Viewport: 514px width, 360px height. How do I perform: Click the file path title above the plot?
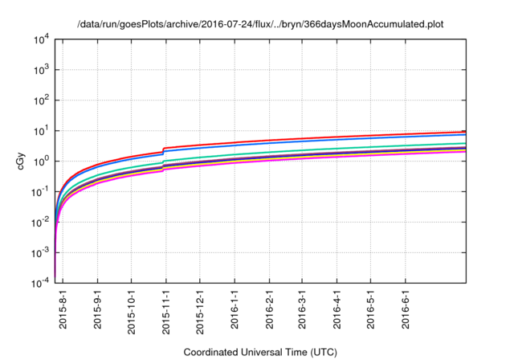coord(259,24)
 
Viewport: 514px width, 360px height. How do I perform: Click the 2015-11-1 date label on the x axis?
coord(165,309)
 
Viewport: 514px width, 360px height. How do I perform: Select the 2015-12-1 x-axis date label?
coord(199,309)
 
